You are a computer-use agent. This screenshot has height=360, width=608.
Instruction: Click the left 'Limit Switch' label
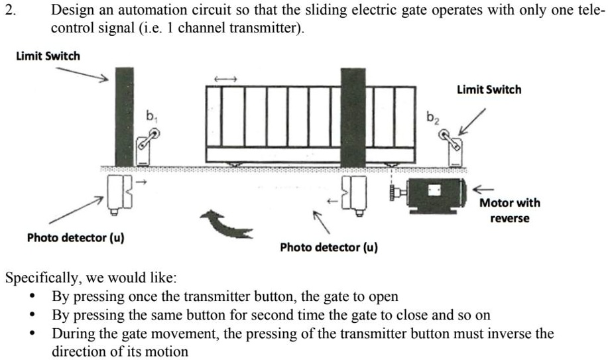[48, 56]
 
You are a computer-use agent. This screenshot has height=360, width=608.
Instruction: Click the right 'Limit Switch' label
[489, 90]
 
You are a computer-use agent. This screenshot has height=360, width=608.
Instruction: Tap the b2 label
[432, 119]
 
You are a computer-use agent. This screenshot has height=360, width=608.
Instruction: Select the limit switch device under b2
[453, 148]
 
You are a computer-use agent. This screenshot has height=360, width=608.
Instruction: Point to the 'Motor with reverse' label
[509, 210]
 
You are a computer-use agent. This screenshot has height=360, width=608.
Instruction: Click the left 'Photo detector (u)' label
[76, 237]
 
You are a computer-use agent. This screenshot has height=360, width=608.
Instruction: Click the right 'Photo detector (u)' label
[329, 247]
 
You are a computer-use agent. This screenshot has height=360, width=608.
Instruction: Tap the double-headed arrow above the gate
[225, 80]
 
